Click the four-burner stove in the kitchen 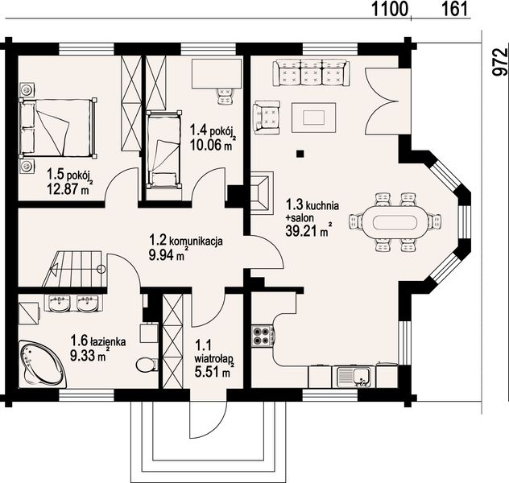[263, 336]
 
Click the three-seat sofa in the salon [311, 72]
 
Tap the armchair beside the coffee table [267, 117]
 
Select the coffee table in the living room [313, 117]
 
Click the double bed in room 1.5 [58, 128]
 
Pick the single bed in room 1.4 [163, 149]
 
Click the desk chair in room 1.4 [225, 96]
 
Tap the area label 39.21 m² [308, 230]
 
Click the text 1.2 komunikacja [186, 241]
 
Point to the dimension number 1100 [389, 9]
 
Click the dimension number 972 [500, 62]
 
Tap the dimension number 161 [454, 9]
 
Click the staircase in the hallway [74, 269]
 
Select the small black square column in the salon [300, 154]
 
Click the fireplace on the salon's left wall [262, 192]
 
